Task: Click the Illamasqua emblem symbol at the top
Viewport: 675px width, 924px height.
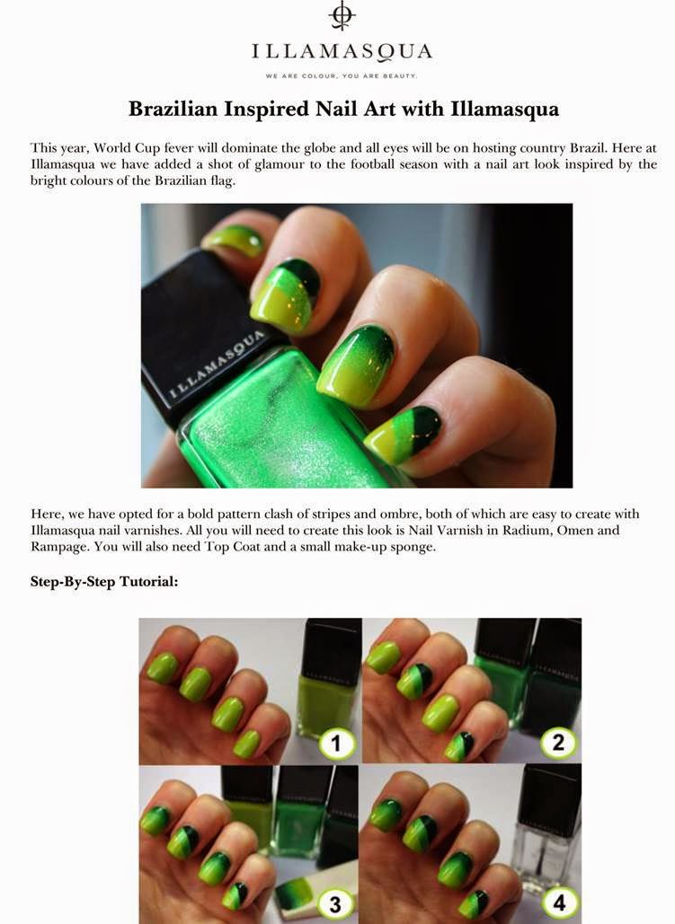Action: point(341,16)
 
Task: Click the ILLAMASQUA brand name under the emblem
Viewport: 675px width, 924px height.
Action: point(342,50)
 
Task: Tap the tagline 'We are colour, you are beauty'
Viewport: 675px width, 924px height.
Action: point(342,75)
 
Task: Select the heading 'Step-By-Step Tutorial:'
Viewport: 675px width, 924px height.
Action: point(104,582)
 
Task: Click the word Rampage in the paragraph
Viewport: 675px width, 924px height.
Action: point(60,547)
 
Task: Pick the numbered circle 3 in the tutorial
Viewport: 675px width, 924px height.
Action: point(334,904)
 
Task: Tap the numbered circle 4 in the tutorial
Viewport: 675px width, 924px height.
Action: point(557,904)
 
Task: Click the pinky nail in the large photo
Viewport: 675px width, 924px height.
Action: point(233,238)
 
